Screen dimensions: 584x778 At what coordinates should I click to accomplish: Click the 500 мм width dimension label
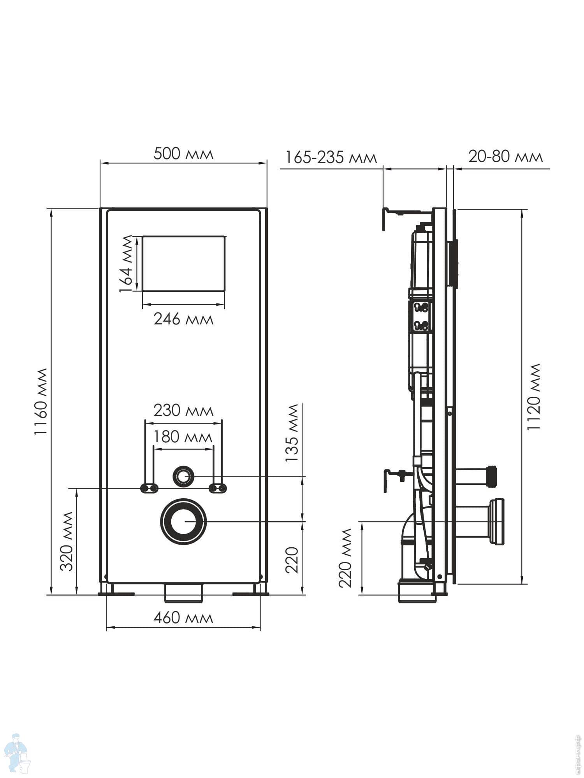(x=183, y=154)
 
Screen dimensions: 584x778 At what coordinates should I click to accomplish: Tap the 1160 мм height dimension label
(x=40, y=401)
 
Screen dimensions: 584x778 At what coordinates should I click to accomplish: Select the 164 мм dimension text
(x=126, y=264)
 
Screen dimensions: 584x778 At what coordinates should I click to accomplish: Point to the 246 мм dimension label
(x=183, y=319)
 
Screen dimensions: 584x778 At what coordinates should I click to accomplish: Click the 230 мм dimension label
(x=183, y=411)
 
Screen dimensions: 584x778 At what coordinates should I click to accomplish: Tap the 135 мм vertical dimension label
(x=292, y=433)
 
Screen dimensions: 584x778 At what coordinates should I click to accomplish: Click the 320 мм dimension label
(x=67, y=541)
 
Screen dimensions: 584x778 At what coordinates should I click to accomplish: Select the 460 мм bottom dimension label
(x=183, y=618)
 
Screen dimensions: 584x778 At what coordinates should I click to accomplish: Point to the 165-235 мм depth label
(x=331, y=158)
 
